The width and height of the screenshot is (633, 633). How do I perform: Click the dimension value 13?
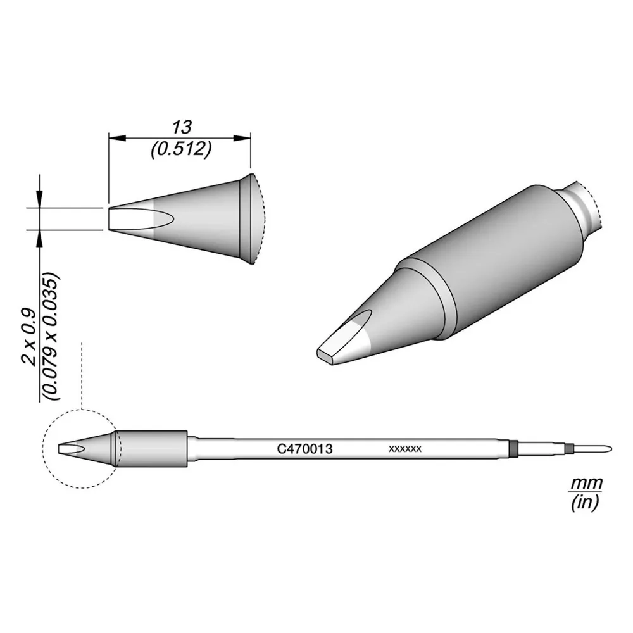click(x=182, y=128)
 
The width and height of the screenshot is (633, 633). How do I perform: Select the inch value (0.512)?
click(x=181, y=150)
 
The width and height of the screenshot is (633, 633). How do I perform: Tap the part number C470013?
click(x=305, y=449)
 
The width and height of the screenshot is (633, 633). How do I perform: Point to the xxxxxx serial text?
click(x=405, y=449)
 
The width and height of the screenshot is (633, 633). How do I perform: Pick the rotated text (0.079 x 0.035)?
click(x=51, y=337)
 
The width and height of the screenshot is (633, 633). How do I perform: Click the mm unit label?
click(x=586, y=483)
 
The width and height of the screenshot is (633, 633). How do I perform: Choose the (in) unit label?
click(x=585, y=502)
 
